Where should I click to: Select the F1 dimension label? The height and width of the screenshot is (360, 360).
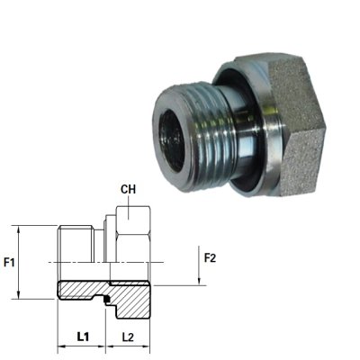coord(10,264)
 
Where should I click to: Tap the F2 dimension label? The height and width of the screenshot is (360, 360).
coord(211,258)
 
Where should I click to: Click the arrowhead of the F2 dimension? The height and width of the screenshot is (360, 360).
coord(195,282)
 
